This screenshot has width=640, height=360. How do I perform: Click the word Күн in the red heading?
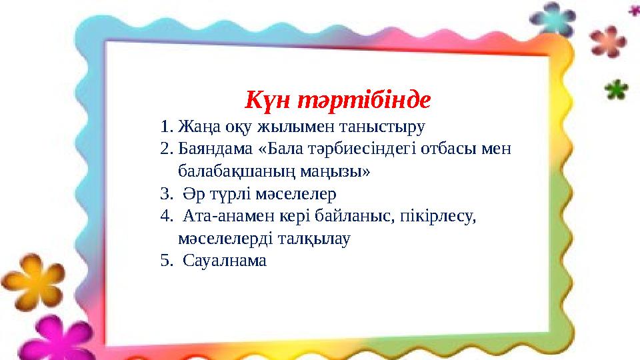pyautogui.click(x=267, y=99)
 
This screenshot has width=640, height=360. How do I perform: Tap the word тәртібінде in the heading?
pyautogui.click(x=364, y=99)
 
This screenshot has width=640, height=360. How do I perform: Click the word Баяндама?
pyautogui.click(x=215, y=149)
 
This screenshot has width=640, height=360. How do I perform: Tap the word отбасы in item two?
pyautogui.click(x=448, y=149)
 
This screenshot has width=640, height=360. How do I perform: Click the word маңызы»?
pyautogui.click(x=335, y=172)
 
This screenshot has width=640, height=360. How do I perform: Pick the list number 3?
pyautogui.click(x=165, y=194)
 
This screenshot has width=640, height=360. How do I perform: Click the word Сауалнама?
pyautogui.click(x=225, y=261)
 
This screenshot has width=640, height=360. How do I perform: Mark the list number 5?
pyautogui.click(x=165, y=261)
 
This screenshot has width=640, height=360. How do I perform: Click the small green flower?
pyautogui.click(x=616, y=89)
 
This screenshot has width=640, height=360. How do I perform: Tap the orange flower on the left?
pyautogui.click(x=33, y=281)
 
